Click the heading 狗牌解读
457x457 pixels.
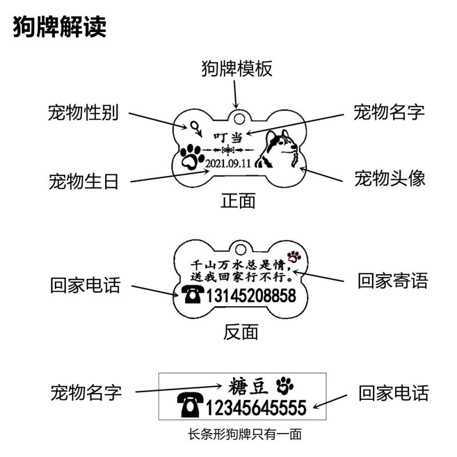click(x=60, y=27)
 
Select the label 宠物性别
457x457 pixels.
click(x=83, y=113)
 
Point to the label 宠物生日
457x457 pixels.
click(x=83, y=182)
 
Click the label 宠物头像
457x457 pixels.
click(x=389, y=178)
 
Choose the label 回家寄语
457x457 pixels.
click(x=392, y=280)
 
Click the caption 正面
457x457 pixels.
click(x=238, y=201)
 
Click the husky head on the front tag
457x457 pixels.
click(x=278, y=150)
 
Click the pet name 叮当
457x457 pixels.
click(x=228, y=137)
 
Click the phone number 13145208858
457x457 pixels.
click(x=251, y=296)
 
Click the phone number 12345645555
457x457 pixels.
click(x=255, y=407)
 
